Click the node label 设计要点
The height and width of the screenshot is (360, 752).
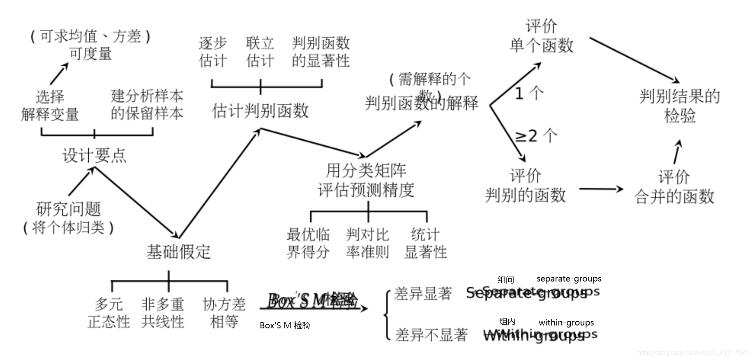coord(94,156)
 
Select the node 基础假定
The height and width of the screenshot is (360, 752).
coord(178,252)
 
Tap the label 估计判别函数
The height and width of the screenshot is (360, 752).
coord(260,111)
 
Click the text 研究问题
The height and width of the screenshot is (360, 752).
coord(68,209)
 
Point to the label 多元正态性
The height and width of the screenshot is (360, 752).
coord(108,313)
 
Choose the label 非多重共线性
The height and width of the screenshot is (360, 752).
coord(163,313)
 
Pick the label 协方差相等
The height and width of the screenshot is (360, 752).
coord(224,313)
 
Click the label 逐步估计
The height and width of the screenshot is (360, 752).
coord(212,52)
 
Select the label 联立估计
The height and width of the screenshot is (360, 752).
coord(260,52)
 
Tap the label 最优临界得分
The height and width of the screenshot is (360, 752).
coord(308,243)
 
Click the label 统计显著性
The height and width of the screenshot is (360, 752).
coord(426,243)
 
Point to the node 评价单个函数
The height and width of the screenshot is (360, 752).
coord(541,36)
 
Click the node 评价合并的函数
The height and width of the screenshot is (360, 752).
coord(674,187)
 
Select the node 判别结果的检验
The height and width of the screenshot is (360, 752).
coord(680,106)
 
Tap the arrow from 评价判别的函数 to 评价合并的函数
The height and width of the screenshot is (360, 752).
coord(601,189)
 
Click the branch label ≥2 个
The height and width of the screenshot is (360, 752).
coord(536,136)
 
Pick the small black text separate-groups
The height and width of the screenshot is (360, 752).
coord(569,279)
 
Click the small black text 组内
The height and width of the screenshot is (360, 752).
coord(507,321)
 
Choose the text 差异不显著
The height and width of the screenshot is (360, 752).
coord(431,335)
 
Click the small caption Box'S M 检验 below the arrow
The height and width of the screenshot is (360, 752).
coord(285,325)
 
